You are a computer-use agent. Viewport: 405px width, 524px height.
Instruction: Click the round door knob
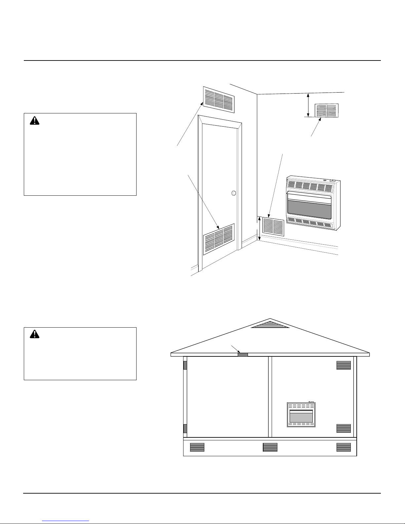point(233,193)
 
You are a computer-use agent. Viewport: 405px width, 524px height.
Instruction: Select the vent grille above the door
point(219,98)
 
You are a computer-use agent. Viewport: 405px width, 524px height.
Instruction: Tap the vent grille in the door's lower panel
point(219,239)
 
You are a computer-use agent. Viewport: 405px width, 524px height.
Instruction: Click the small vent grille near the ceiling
point(326,110)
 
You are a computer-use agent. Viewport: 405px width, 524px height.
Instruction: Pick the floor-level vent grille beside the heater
point(273,226)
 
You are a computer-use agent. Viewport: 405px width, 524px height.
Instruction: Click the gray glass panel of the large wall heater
point(309,211)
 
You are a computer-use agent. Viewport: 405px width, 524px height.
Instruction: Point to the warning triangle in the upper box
point(34,121)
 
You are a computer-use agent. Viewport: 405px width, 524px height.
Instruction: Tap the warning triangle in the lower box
point(34,334)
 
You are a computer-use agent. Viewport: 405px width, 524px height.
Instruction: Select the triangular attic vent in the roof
point(270,325)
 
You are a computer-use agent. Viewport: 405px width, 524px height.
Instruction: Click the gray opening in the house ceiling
point(243,354)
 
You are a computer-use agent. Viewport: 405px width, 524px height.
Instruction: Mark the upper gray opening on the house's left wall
point(185,365)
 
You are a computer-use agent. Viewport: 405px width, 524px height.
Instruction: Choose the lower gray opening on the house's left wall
point(185,428)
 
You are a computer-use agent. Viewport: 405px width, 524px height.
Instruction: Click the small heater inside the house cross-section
point(301,415)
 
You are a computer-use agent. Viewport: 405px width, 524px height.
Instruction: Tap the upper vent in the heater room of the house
point(344,365)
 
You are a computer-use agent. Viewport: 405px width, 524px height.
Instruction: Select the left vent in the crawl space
point(197,447)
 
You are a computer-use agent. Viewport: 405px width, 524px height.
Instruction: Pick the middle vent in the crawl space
point(270,447)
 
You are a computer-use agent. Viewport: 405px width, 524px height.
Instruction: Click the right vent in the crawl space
point(344,447)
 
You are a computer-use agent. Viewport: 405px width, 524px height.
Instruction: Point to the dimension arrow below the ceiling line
point(308,105)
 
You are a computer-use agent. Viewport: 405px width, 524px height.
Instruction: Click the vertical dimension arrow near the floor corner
point(260,228)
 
